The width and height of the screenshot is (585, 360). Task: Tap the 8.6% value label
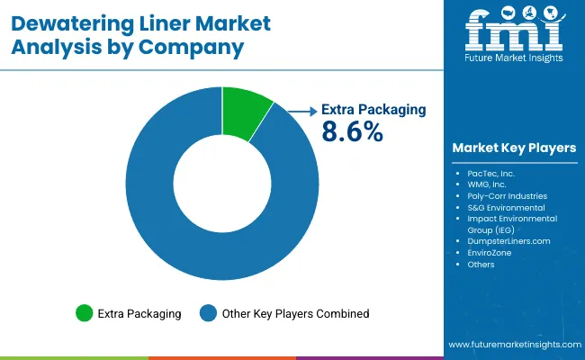pos(353,131)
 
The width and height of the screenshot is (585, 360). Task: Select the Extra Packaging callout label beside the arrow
pos(373,110)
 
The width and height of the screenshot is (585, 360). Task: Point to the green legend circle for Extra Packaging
pos(85,313)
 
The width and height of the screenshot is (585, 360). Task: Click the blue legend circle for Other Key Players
pos(208,313)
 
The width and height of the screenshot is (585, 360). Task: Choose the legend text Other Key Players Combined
pos(295,313)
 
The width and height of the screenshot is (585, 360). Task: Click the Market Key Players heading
pos(515,148)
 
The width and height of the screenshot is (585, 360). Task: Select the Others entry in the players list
pos(481,265)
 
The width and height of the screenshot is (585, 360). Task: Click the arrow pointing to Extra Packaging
pos(297,110)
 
